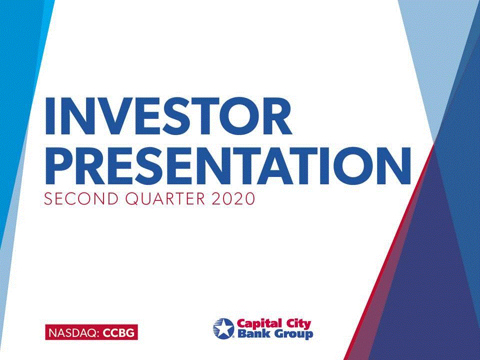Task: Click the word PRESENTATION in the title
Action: [x=228, y=165]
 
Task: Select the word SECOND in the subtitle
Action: [x=81, y=198]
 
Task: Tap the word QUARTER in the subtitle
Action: [x=165, y=198]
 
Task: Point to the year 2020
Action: [x=233, y=198]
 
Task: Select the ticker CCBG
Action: [x=118, y=332]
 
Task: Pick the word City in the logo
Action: [x=298, y=324]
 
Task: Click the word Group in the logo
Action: [x=293, y=334]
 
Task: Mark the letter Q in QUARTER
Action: [x=132, y=199]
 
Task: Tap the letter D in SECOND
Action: [x=112, y=198]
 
